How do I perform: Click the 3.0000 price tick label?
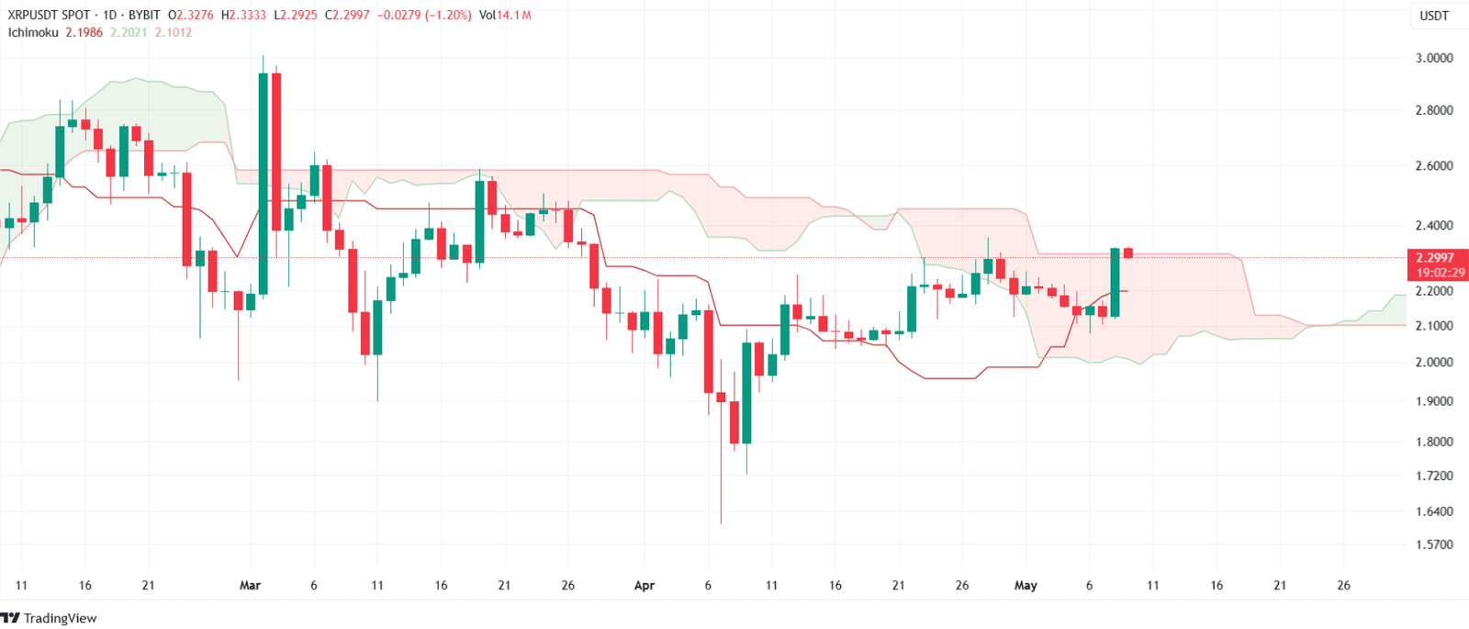(x=1433, y=58)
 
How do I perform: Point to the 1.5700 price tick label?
(x=1433, y=545)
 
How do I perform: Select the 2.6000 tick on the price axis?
(x=1433, y=166)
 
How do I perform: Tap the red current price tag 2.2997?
(x=1434, y=258)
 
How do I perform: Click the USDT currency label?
(x=1434, y=16)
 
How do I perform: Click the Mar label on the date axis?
(x=250, y=585)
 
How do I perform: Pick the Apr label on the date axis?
(x=645, y=585)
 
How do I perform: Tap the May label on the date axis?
(x=1026, y=585)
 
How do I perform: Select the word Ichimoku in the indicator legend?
(x=33, y=32)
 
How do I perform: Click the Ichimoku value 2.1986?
(x=84, y=32)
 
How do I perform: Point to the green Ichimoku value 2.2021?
(x=129, y=32)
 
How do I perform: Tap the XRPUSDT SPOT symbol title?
(x=50, y=16)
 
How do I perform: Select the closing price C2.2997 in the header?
(x=348, y=16)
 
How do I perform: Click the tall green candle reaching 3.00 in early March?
(x=264, y=184)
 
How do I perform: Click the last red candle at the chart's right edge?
(x=1128, y=253)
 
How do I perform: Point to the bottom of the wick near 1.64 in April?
(x=721, y=522)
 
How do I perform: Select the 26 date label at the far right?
(x=1343, y=585)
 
